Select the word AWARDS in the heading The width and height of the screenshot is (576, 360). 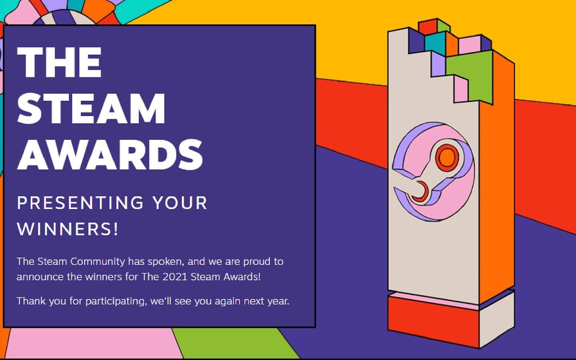(x=109, y=155)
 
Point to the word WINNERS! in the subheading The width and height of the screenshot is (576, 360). (x=68, y=229)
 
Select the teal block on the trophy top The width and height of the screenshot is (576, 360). (x=435, y=43)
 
